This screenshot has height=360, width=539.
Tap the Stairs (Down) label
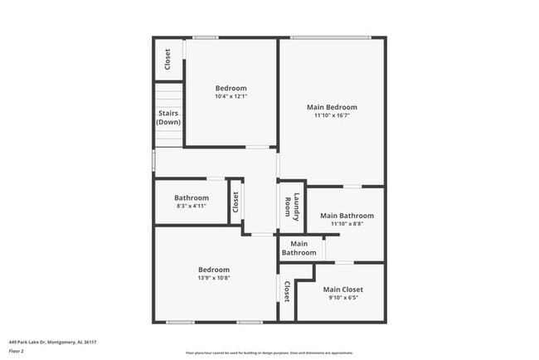(168, 117)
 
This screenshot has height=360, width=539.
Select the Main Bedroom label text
(332, 107)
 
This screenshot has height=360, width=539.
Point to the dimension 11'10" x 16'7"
(332, 116)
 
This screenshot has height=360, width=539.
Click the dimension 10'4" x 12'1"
(231, 97)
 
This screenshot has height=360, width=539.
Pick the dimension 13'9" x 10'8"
(213, 278)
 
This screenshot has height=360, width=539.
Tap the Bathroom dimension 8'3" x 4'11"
(192, 206)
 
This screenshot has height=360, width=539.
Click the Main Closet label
(342, 289)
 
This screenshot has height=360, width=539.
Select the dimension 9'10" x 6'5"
(342, 298)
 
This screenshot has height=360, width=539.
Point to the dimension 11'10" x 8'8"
(347, 224)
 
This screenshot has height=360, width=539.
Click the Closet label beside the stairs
(168, 60)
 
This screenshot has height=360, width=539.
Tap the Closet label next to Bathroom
(236, 202)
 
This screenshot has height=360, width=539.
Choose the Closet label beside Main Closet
(287, 291)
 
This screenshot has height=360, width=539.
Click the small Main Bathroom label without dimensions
(299, 248)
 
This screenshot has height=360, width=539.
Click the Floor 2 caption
(17, 351)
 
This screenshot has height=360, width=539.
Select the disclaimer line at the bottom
(269, 352)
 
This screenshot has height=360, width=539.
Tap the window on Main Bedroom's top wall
(330, 37)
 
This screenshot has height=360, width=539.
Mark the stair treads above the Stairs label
(168, 94)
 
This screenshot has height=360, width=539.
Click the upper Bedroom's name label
(231, 89)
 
